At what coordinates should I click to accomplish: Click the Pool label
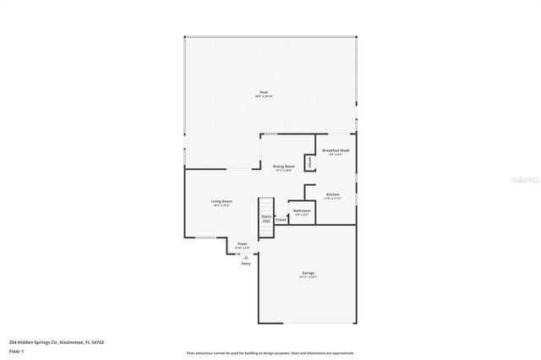tap(264, 92)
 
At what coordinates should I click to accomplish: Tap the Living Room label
tap(221, 201)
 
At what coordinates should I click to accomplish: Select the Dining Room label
tap(284, 166)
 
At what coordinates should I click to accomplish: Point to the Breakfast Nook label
tap(336, 150)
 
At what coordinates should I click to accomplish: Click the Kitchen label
tap(333, 194)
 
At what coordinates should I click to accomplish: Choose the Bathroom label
tap(302, 210)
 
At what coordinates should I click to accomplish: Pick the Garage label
tap(309, 273)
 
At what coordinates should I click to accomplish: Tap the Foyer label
tap(243, 243)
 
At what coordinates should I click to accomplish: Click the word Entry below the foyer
tap(246, 264)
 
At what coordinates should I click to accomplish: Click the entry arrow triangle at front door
tap(246, 257)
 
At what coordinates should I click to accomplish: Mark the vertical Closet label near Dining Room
tap(309, 161)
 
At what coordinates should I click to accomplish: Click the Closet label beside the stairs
tap(281, 220)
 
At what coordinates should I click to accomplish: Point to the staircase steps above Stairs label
tap(266, 205)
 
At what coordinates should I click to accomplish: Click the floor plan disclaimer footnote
tap(270, 352)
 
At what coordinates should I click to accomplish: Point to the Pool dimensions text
tap(264, 97)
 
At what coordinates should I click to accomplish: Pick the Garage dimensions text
tap(309, 277)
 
